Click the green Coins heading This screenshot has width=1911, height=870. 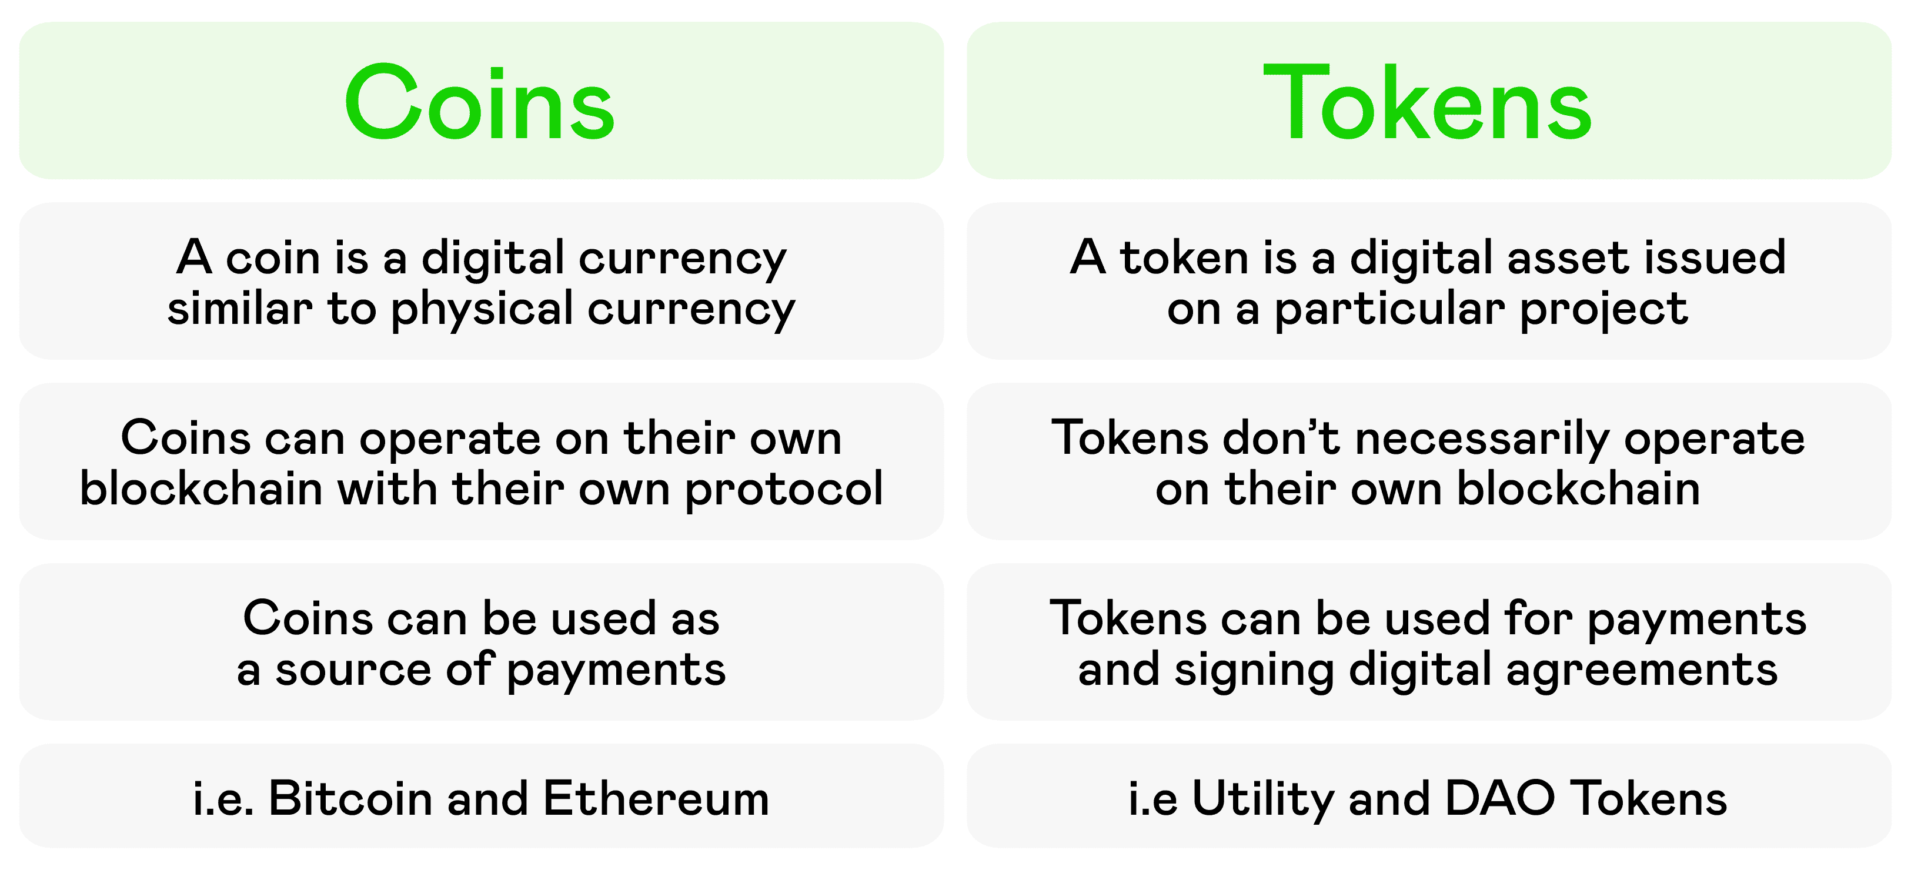(x=479, y=103)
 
